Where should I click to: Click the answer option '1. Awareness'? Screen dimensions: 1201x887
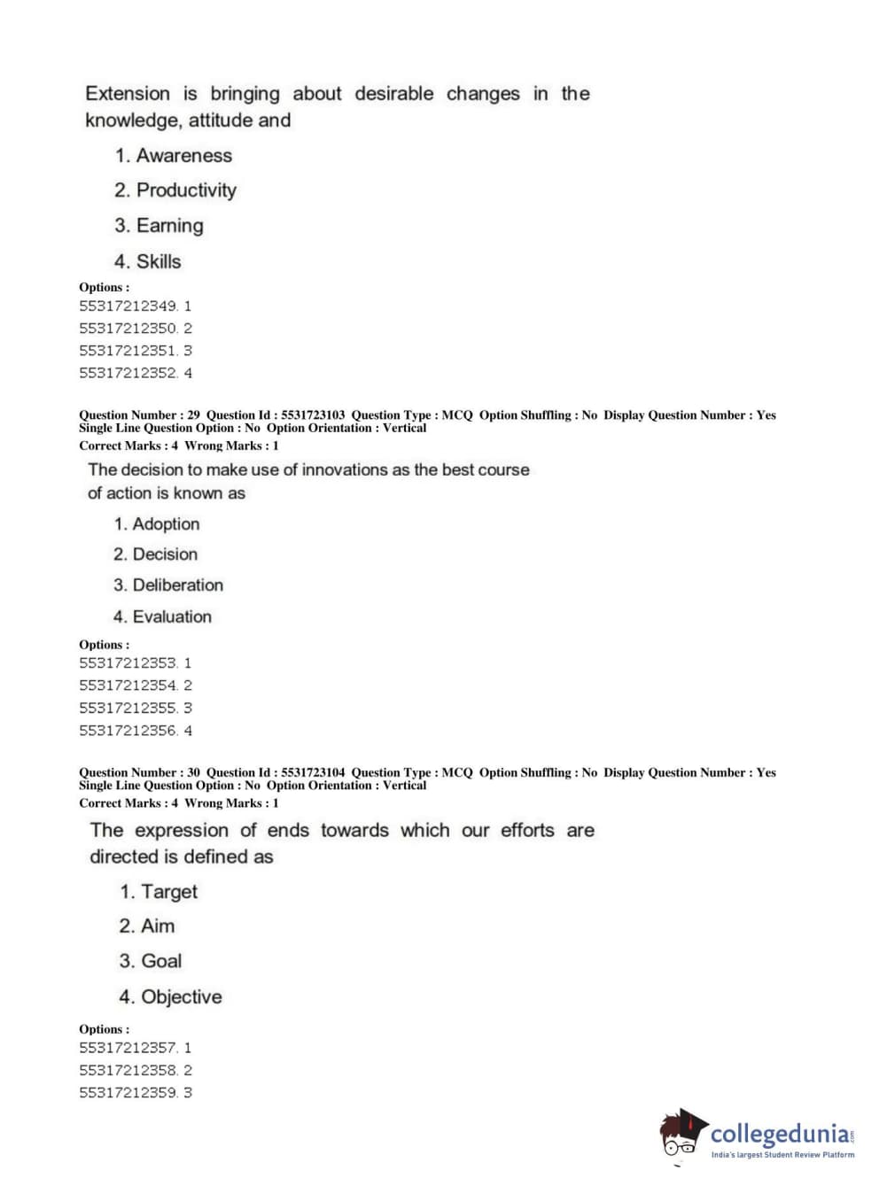point(174,156)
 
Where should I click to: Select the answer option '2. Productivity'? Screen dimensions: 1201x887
point(175,190)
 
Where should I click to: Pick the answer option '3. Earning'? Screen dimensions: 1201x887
point(159,226)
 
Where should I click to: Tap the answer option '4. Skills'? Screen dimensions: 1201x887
point(147,261)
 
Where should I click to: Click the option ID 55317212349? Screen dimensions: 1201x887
point(128,306)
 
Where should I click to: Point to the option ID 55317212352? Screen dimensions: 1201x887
point(128,374)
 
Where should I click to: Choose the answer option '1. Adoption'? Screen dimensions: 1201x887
point(157,524)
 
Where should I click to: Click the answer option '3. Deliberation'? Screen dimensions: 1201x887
point(168,585)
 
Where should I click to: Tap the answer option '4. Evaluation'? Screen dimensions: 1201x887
point(162,617)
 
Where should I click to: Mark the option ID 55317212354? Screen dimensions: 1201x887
point(128,686)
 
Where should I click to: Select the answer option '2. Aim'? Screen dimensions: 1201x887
point(147,926)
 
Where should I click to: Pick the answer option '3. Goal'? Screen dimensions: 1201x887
point(151,961)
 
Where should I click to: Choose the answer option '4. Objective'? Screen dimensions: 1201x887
point(170,997)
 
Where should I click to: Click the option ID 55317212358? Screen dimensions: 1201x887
point(128,1071)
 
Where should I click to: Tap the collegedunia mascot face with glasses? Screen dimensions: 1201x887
point(680,1138)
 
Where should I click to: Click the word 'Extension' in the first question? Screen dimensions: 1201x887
point(128,94)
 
